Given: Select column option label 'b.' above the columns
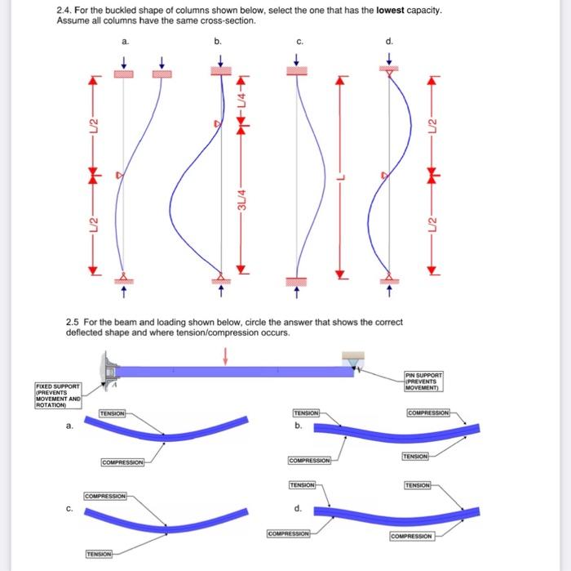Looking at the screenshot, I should point(217,40).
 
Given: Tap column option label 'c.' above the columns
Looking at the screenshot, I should point(299,40).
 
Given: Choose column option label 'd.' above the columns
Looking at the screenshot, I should point(388,40).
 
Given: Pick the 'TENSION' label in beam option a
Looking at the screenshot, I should point(112,414).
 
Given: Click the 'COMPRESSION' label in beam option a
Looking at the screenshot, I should point(123,462).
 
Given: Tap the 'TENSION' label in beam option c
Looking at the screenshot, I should point(100,554).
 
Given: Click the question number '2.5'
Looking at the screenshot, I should point(72,322).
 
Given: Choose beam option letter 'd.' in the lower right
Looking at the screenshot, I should point(298,509).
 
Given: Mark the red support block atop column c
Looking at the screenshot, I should point(297,72).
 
